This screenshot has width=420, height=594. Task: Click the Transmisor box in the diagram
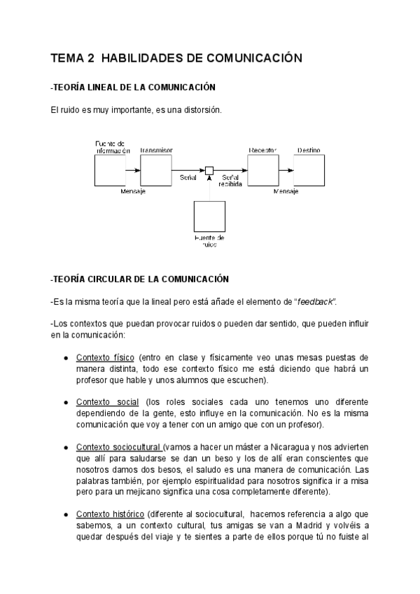tap(155, 170)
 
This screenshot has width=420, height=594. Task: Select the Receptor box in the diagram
tap(262, 170)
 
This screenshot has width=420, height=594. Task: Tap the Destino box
tap(308, 170)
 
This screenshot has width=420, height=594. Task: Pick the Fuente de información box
tap(109, 170)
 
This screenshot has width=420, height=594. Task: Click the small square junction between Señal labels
tap(209, 170)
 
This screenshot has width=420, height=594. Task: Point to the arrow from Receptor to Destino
tap(285, 170)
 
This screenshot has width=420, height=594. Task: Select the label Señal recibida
tap(230, 181)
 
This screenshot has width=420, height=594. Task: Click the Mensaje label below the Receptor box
tap(286, 191)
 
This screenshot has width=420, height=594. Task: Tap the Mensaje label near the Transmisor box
tap(132, 191)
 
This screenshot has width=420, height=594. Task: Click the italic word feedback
tap(314, 301)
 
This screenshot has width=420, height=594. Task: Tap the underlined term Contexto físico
tap(105, 357)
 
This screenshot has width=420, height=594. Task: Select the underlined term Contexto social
tap(108, 402)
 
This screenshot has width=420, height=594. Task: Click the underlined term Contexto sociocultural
tap(118, 447)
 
